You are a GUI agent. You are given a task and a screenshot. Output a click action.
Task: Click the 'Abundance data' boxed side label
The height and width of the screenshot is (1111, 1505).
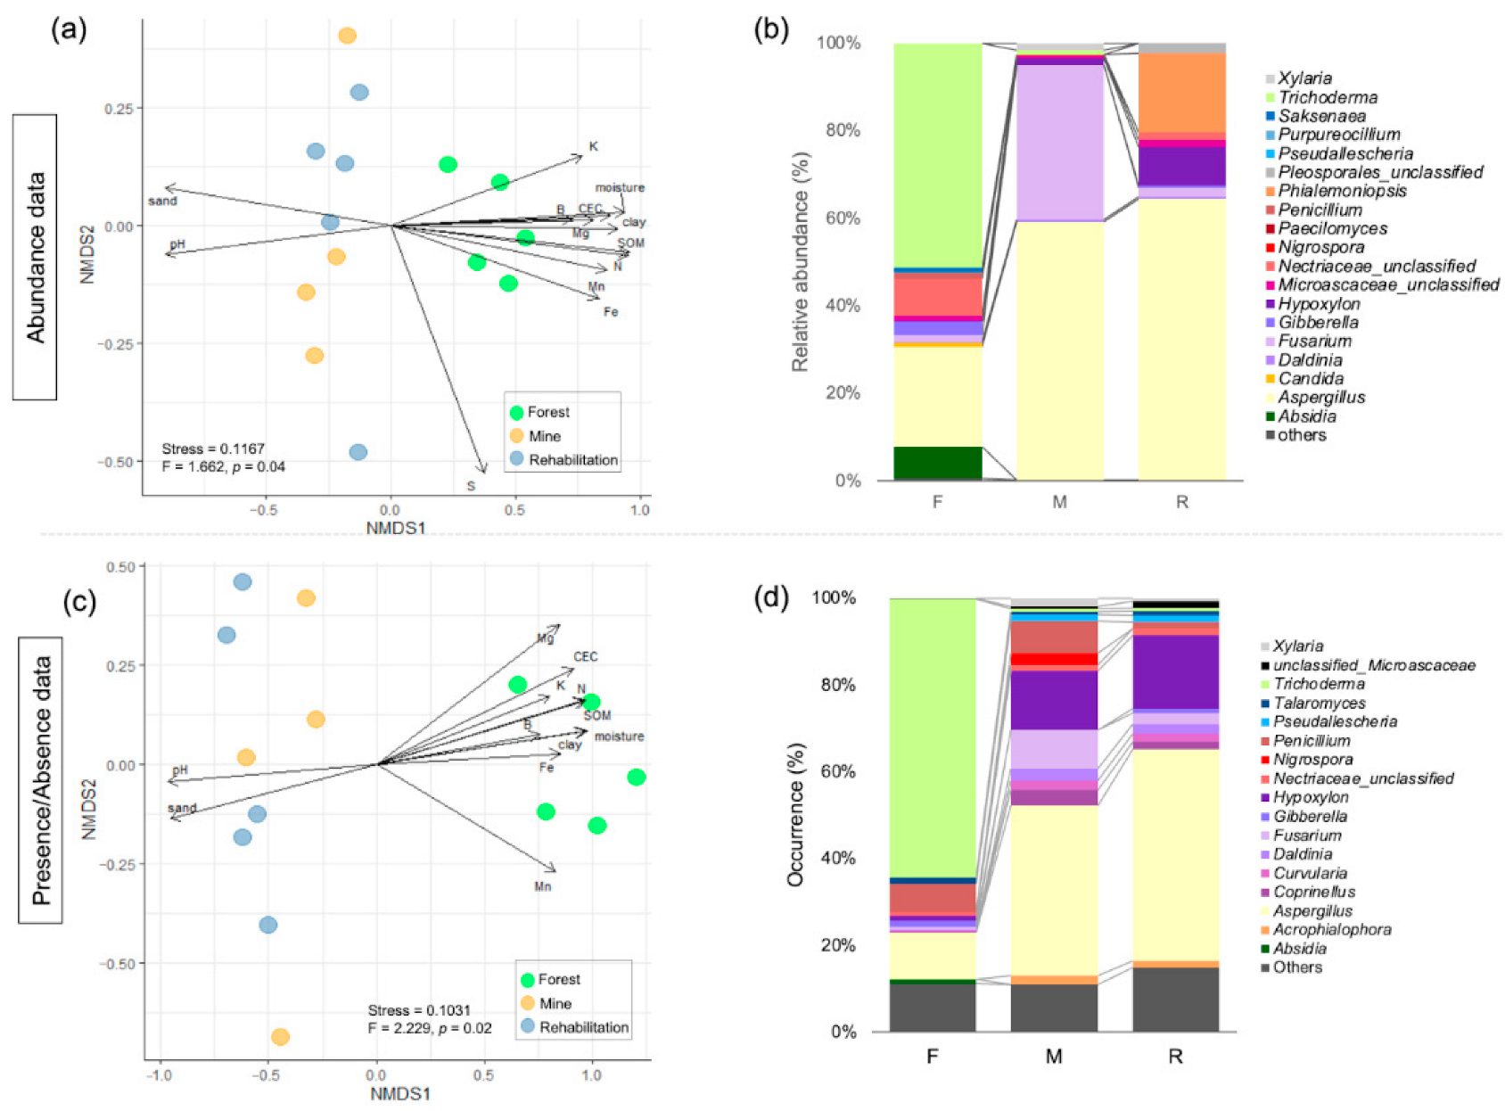pyautogui.click(x=35, y=257)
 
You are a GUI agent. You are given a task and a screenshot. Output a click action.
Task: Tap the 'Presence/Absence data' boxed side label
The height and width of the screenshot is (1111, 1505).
pyautogui.click(x=40, y=780)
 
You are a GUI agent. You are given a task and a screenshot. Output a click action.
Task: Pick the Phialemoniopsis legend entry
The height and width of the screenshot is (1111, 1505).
pyautogui.click(x=1342, y=191)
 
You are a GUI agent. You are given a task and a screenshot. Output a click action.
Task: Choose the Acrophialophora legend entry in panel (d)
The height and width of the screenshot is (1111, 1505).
pyautogui.click(x=1332, y=930)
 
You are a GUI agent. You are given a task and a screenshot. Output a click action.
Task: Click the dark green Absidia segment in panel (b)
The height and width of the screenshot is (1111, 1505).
pyautogui.click(x=937, y=463)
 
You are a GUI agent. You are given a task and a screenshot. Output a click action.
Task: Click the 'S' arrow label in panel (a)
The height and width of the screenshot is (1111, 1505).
pyautogui.click(x=471, y=486)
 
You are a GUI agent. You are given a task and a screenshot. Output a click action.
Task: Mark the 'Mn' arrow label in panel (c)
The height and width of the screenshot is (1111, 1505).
pyautogui.click(x=543, y=886)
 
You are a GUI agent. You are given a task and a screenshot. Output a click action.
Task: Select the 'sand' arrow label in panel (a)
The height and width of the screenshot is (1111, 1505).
pyautogui.click(x=162, y=202)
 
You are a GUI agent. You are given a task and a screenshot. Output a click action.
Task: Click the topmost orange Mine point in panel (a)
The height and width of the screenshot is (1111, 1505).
pyautogui.click(x=348, y=36)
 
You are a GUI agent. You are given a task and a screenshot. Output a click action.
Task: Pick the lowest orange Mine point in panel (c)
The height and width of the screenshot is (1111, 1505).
pyautogui.click(x=280, y=1037)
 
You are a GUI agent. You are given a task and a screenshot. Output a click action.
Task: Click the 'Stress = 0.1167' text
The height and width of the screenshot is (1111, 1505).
pyautogui.click(x=213, y=449)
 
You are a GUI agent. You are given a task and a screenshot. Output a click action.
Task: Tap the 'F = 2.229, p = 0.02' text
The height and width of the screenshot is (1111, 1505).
pyautogui.click(x=430, y=1028)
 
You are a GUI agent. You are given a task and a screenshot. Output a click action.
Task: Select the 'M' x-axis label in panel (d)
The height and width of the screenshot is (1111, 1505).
pyautogui.click(x=1054, y=1057)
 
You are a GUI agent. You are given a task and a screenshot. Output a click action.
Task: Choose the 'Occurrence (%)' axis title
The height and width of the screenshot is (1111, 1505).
pyautogui.click(x=795, y=814)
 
